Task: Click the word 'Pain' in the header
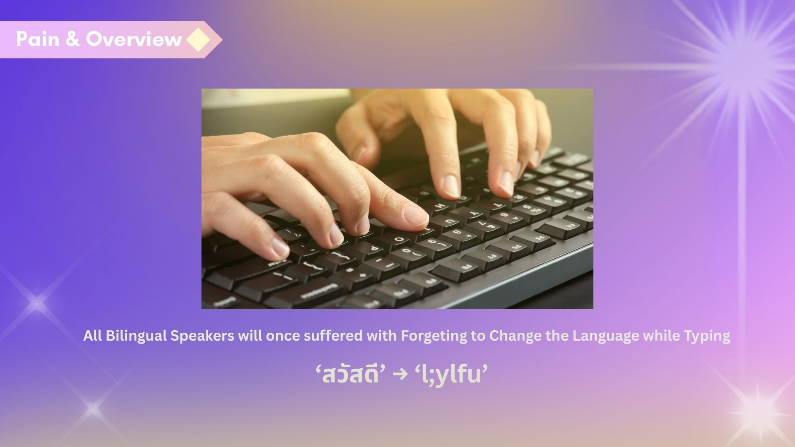click(38, 39)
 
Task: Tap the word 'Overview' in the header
click(134, 39)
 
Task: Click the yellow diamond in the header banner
click(199, 40)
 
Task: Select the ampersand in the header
click(72, 39)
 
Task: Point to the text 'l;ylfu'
click(451, 374)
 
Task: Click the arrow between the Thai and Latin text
click(400, 375)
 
